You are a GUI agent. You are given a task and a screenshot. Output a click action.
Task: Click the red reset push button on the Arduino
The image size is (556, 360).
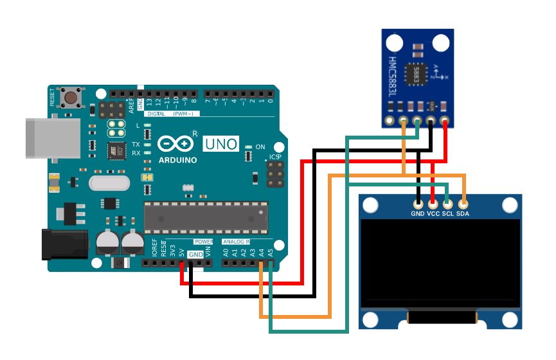[x=69, y=98]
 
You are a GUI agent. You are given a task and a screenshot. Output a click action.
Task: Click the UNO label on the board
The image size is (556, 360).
[x=221, y=144]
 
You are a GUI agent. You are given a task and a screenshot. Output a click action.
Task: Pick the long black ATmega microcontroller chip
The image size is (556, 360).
[x=204, y=217]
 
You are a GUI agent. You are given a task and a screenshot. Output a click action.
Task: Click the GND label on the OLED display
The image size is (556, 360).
[x=418, y=213]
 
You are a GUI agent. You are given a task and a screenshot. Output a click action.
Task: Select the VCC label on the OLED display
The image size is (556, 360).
[x=433, y=213]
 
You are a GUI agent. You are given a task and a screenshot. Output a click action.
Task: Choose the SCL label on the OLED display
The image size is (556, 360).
[x=448, y=213]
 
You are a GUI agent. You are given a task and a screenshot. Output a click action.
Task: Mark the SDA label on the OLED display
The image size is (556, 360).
[x=463, y=213]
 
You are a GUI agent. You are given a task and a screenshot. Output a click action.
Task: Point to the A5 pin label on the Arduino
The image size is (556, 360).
[x=270, y=252]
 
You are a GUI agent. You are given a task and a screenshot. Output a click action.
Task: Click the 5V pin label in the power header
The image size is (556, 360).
[x=182, y=253]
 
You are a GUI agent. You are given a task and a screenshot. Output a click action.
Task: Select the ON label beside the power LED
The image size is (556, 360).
[x=260, y=147]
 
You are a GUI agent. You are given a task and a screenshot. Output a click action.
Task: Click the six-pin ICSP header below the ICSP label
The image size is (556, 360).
[x=276, y=174]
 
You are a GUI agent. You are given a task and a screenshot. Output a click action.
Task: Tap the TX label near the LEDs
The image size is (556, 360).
[x=136, y=145]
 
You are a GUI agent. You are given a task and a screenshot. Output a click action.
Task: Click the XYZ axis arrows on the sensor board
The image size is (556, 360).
[x=440, y=71]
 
